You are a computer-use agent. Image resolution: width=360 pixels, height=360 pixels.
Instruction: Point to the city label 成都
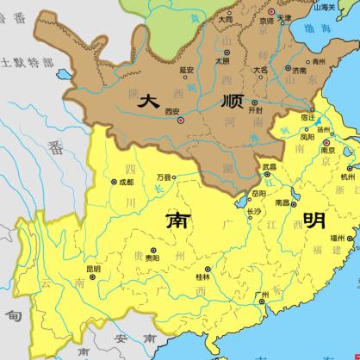pos(127,183)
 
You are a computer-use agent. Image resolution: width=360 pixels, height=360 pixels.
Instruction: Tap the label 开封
pos(254,111)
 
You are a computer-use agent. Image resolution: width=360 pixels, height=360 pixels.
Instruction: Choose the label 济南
pos(301,71)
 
